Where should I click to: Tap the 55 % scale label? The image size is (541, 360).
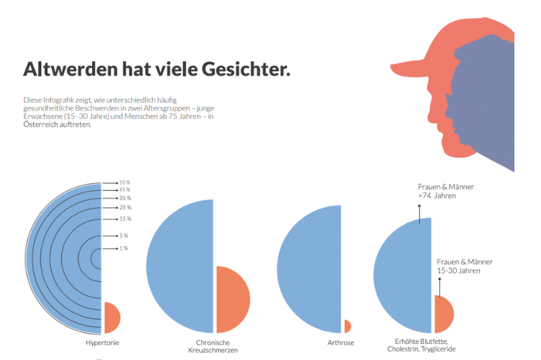pos(124,182)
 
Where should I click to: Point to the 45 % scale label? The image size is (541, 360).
pos(124,189)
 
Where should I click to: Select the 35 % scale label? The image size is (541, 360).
pos(124,198)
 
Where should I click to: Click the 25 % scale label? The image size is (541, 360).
pos(124,207)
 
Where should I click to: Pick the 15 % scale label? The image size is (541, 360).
pos(124,219)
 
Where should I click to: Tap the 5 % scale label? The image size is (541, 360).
pos(124,236)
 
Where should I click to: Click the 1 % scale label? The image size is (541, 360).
pos(124,248)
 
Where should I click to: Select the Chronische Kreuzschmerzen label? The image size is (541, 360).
pos(213,345)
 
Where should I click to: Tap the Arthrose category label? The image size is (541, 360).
pos(342,341)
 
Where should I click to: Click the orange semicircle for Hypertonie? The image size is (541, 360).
pos(111,317)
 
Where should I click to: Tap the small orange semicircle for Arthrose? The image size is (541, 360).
pos(347,326)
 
